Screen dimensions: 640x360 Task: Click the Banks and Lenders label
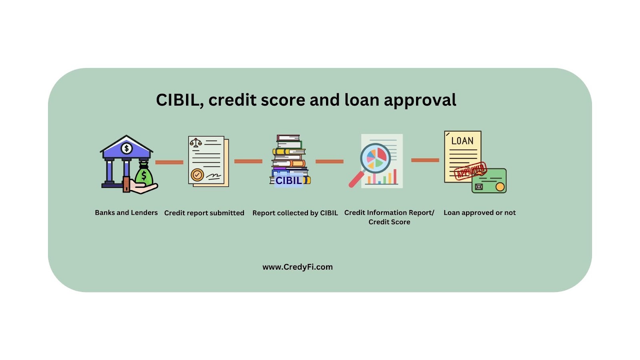click(x=126, y=212)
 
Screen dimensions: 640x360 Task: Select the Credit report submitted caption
click(x=204, y=213)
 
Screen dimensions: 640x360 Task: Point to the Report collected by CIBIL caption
click(x=295, y=213)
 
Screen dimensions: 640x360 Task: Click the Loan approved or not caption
click(x=480, y=213)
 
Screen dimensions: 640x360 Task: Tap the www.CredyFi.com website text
click(x=298, y=267)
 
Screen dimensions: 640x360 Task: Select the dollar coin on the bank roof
click(x=126, y=148)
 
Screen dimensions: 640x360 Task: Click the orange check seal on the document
click(x=197, y=174)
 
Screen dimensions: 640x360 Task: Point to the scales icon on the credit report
click(x=196, y=142)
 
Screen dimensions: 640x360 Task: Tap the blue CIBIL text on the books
click(x=288, y=180)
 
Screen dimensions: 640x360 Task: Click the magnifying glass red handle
click(x=356, y=179)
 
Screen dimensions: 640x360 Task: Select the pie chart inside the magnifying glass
click(x=375, y=158)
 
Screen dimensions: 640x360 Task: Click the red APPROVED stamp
click(x=470, y=171)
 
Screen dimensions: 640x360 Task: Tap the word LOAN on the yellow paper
click(x=462, y=141)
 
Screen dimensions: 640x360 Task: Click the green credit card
click(x=489, y=181)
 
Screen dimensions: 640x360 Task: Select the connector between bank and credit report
click(x=169, y=162)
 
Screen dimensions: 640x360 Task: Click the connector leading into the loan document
click(x=425, y=160)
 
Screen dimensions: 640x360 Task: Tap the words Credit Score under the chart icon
click(x=389, y=222)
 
